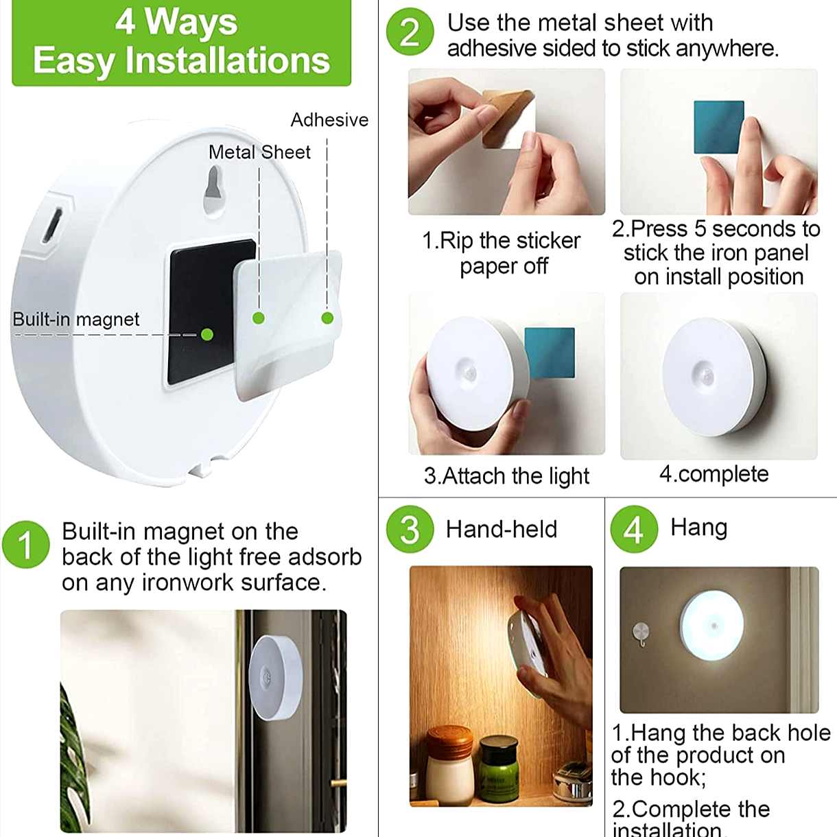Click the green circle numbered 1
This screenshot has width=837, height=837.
25,545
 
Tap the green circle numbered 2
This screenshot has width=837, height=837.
410,32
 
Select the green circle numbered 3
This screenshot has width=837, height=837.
410,529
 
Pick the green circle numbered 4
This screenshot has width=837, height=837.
634,529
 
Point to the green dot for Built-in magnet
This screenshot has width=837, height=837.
207,334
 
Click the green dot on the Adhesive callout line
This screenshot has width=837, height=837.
327,318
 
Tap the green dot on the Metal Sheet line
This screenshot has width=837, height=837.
259,318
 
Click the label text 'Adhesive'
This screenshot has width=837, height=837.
330,120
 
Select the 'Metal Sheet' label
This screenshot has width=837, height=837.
259,152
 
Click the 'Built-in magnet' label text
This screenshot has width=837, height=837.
76,320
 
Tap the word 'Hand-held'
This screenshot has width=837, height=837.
502,530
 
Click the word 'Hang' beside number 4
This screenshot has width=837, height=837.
699,528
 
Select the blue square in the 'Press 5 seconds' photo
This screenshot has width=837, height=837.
719,128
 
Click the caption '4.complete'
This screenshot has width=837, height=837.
714,474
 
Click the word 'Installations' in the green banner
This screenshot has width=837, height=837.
228,61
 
